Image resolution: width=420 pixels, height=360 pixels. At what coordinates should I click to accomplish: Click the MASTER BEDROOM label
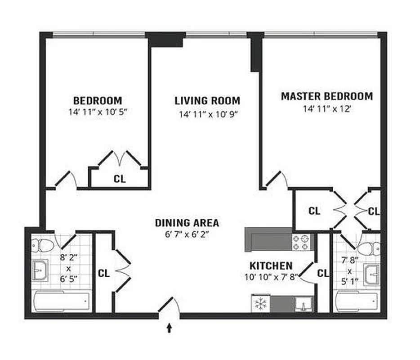(x=326, y=96)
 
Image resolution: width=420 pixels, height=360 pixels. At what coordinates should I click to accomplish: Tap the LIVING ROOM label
(x=207, y=100)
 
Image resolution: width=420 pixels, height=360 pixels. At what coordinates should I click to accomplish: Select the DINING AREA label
(x=187, y=222)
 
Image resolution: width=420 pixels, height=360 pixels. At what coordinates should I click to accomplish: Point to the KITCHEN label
(x=271, y=265)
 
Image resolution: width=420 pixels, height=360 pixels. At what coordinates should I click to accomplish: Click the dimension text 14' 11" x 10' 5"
(x=98, y=112)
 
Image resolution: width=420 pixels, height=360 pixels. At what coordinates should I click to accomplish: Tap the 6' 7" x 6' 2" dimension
(x=187, y=234)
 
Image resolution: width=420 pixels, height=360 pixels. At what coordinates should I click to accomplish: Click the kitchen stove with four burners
(x=302, y=243)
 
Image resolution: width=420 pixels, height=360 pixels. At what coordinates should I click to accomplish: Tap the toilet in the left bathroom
(x=43, y=245)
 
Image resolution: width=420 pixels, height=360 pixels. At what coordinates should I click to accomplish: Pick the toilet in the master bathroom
(x=370, y=247)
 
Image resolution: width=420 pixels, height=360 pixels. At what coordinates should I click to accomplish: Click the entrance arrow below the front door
(x=170, y=328)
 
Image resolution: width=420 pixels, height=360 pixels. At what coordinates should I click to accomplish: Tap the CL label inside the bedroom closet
(x=120, y=179)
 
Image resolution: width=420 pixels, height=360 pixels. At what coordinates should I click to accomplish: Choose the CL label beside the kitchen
(x=323, y=273)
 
